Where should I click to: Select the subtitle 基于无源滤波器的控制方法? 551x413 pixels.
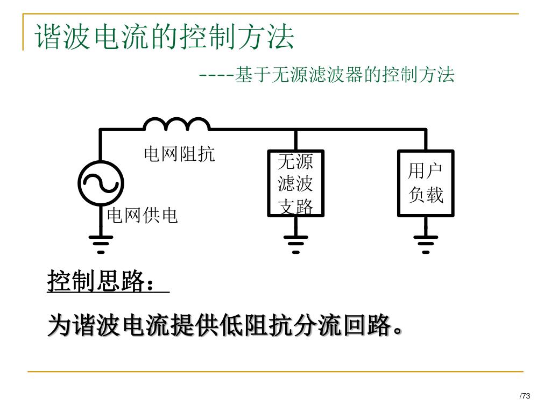pyautogui.click(x=345, y=75)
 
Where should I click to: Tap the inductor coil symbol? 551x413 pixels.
pyautogui.click(x=176, y=124)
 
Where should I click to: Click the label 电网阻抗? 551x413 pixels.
pyautogui.click(x=179, y=154)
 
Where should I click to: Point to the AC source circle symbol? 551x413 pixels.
pyautogui.click(x=101, y=183)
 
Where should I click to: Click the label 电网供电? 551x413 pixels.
pyautogui.click(x=143, y=216)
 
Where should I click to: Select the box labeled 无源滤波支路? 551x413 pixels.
pyautogui.click(x=295, y=183)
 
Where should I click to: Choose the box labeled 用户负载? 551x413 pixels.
pyautogui.click(x=425, y=183)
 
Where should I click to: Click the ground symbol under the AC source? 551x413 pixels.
pyautogui.click(x=101, y=244)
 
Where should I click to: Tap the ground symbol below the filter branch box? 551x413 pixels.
pyautogui.click(x=295, y=244)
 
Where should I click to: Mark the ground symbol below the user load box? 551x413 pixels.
pyautogui.click(x=426, y=244)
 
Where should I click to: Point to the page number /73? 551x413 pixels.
pyautogui.click(x=525, y=396)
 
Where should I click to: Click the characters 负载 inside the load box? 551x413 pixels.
pyautogui.click(x=426, y=195)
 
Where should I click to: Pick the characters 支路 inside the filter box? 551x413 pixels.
pyautogui.click(x=295, y=206)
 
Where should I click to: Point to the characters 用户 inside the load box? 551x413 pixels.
pyautogui.click(x=426, y=171)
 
